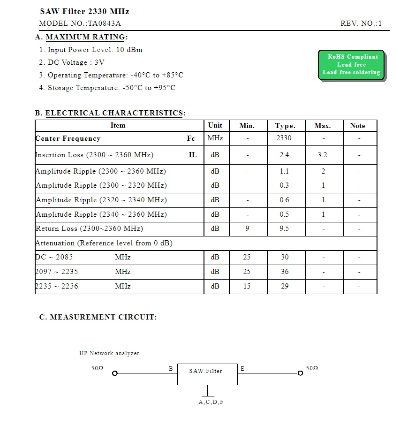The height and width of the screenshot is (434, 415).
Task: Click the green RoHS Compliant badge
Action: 351,65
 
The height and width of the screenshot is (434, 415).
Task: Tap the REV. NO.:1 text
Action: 361,23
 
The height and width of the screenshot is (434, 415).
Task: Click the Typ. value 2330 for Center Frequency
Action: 284,138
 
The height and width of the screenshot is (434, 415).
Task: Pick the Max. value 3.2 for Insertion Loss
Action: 322,155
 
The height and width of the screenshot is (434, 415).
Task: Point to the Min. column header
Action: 247,126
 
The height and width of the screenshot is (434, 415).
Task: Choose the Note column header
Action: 357,126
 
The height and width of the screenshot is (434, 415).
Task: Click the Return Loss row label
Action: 90,228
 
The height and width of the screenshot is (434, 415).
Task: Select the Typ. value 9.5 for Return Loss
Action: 284,228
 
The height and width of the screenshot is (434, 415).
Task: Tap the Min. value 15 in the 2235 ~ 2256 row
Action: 247,286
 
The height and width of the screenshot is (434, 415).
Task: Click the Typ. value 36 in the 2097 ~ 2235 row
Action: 285,272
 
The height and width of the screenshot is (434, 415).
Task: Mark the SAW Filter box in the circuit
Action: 207,374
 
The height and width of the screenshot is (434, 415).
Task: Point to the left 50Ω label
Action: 97,368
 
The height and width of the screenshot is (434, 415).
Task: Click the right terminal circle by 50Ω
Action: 300,373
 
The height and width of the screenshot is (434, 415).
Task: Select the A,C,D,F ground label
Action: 211,402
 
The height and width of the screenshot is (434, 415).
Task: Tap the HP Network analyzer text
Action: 109,353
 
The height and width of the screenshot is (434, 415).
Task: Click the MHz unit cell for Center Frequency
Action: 215,138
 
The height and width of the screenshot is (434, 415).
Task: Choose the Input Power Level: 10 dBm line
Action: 95,50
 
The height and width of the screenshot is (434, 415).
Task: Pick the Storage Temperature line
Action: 112,88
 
